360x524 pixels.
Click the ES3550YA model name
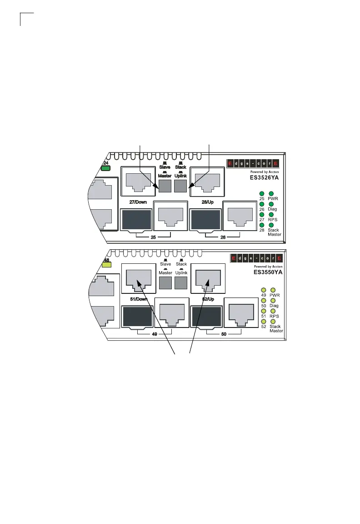click(268, 272)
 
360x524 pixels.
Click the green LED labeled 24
click(106, 168)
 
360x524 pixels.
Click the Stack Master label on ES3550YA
click(275, 328)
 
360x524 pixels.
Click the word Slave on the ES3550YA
click(165, 264)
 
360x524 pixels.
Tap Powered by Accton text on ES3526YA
click(264, 171)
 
